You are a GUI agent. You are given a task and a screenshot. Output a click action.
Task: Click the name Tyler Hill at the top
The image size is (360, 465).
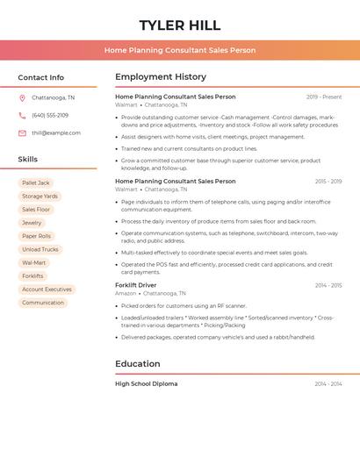[180, 25]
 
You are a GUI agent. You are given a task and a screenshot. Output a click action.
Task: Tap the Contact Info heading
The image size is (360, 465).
[40, 77]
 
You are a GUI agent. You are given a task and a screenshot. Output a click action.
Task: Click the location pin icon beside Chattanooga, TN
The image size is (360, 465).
[22, 98]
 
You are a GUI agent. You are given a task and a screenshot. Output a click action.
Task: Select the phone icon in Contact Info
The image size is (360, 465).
[22, 115]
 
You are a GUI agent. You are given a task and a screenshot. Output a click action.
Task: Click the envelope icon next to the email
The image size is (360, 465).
[22, 133]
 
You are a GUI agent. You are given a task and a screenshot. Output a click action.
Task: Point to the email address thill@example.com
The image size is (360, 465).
[56, 133]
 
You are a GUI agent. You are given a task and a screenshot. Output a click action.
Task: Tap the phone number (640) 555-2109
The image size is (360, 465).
[50, 115]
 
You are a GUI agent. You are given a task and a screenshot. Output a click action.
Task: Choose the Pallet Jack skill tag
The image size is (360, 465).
[36, 183]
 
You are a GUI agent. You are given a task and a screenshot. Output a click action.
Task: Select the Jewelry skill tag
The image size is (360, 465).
[32, 223]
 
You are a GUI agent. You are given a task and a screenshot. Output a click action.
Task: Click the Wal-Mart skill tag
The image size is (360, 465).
[34, 262]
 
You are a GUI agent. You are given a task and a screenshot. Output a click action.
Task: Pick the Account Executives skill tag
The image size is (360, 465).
[47, 290]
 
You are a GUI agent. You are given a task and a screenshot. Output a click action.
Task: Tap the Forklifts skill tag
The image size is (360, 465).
[32, 275]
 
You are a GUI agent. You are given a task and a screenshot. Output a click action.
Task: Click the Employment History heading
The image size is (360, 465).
[161, 77]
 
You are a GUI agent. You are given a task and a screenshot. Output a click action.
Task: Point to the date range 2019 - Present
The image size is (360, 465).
[324, 97]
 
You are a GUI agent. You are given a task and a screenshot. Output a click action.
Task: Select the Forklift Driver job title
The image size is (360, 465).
[136, 285]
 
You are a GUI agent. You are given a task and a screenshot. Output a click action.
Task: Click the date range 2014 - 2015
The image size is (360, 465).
[328, 285]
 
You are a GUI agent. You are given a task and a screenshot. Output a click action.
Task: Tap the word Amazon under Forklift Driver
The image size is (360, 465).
[126, 293]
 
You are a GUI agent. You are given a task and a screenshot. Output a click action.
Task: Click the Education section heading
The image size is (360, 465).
[138, 364]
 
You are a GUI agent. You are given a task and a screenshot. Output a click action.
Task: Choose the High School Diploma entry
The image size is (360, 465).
[147, 383]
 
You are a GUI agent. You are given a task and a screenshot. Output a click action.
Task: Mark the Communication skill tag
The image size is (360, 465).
[43, 303]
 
